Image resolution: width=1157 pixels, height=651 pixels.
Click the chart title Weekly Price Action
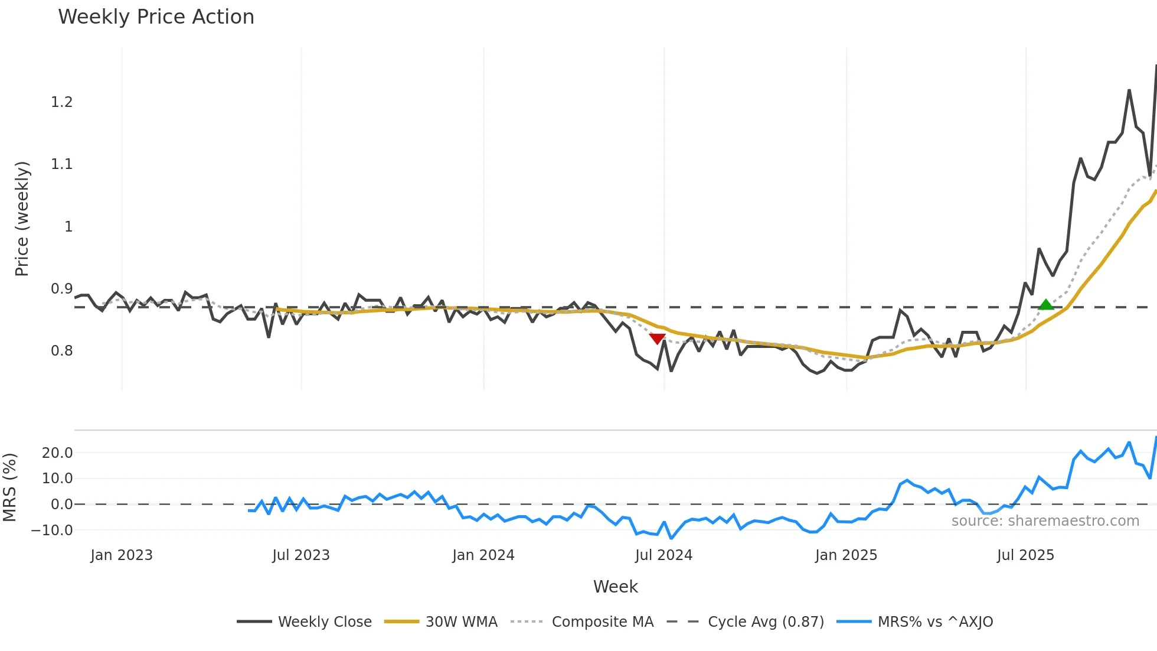(x=156, y=17)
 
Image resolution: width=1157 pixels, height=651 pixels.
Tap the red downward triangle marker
(x=657, y=338)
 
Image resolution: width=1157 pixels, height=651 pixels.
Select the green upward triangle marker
(x=1045, y=305)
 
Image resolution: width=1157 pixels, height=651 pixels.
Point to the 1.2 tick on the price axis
(x=61, y=102)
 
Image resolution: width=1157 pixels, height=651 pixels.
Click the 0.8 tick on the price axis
(x=61, y=351)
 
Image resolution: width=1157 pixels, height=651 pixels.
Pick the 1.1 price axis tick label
(x=61, y=164)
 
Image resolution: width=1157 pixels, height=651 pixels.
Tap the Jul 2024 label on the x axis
(x=664, y=555)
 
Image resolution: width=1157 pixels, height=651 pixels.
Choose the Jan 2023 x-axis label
(x=122, y=555)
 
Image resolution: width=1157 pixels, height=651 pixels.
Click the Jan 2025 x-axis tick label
(x=846, y=555)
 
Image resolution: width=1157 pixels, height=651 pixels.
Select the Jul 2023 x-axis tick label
(x=301, y=555)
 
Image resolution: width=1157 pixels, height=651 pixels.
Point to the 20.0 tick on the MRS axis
(x=57, y=453)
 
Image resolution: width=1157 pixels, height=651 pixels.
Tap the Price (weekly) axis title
(x=22, y=219)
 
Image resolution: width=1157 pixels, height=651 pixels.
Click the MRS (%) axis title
(x=9, y=487)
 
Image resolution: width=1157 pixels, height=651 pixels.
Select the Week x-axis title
(x=615, y=587)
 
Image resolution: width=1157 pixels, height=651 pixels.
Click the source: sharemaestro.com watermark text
(x=1045, y=521)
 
